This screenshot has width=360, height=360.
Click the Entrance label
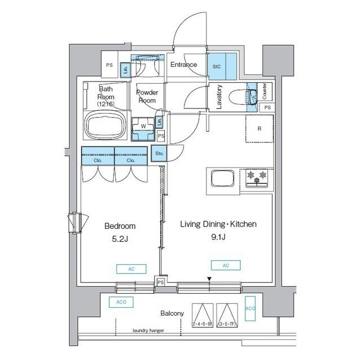pyautogui.click(x=183, y=65)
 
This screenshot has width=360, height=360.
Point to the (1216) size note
pyautogui.click(x=105, y=104)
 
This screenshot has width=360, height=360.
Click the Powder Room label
pyautogui.click(x=147, y=96)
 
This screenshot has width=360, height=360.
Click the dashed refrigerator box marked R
pyautogui.click(x=259, y=129)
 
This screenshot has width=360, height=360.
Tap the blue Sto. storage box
pyautogui.click(x=159, y=152)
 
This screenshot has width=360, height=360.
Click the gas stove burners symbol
pyautogui.click(x=256, y=177)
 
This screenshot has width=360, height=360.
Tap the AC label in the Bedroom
pyautogui.click(x=131, y=268)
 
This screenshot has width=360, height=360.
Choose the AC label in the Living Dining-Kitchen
pyautogui.click(x=226, y=265)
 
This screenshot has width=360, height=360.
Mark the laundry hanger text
pyautogui.click(x=148, y=331)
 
